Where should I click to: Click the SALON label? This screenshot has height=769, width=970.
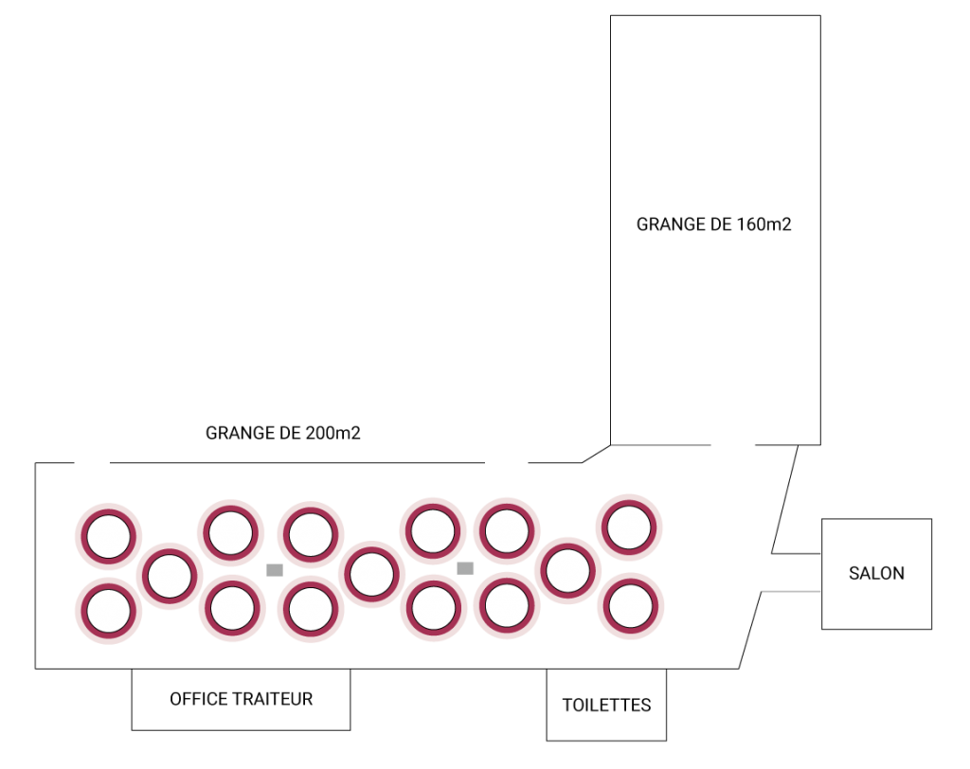[876, 574]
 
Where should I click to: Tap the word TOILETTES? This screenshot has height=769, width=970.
[606, 706]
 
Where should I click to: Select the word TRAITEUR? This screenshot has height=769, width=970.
[273, 699]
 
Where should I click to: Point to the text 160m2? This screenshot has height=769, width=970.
[764, 224]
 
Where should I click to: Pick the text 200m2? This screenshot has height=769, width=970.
[332, 433]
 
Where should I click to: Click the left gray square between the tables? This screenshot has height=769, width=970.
[275, 570]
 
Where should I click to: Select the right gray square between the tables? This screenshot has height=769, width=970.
[465, 568]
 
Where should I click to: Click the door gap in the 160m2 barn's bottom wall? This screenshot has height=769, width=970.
[733, 445]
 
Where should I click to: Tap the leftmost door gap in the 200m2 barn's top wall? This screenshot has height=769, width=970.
[93, 462]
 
